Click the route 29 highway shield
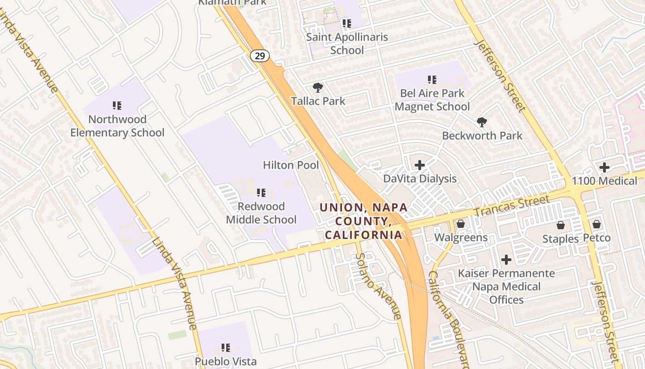[x=260, y=56]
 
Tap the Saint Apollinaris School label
[x=347, y=43]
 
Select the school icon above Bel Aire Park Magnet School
[x=432, y=80]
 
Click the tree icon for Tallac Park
[x=317, y=87]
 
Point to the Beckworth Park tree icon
[x=482, y=122]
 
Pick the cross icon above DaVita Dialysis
[x=420, y=165]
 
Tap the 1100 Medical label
[x=604, y=181]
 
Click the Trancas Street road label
[x=511, y=206]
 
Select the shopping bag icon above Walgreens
[x=460, y=224]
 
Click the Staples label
[x=560, y=239]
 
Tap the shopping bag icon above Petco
[x=597, y=224]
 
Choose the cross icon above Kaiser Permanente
[x=506, y=260]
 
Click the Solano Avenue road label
[x=378, y=286]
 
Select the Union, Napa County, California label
[x=364, y=221]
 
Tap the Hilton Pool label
[x=291, y=165]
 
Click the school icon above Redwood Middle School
[x=261, y=192]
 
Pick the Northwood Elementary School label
[x=117, y=126]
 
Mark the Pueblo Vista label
[x=225, y=361]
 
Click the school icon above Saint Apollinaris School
[x=346, y=23]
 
